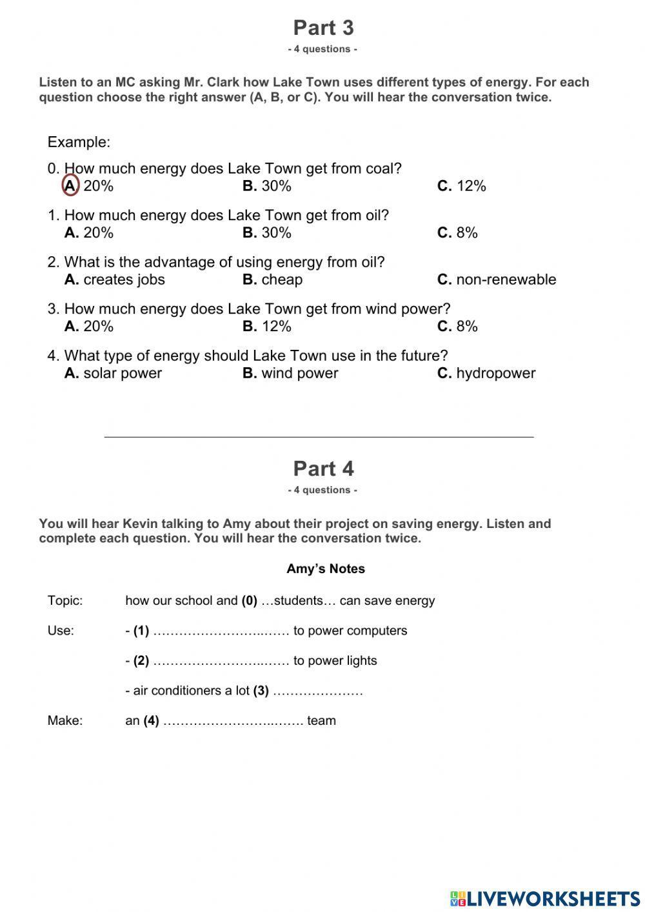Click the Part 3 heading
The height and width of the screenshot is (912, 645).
[x=323, y=28]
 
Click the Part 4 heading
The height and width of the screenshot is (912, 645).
[x=323, y=469]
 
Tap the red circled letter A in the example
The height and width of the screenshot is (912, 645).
[x=71, y=186]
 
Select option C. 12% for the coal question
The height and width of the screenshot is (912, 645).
[x=461, y=186]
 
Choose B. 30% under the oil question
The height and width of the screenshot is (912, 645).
[x=267, y=232]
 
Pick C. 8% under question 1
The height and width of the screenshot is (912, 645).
[x=457, y=232]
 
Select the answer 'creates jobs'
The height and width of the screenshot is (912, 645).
[x=115, y=279]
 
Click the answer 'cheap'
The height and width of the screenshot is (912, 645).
[x=273, y=279]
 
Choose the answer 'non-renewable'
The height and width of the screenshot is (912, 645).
[x=497, y=279]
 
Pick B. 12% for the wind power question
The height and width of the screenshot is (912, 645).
[x=267, y=326]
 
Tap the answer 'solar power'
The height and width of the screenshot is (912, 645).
[x=114, y=373]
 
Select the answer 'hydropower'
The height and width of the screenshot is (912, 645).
[x=486, y=373]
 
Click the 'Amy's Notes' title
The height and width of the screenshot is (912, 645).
[x=326, y=569]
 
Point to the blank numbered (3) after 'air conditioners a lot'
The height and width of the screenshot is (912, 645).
[x=318, y=691]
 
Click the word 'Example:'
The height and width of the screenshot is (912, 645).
[x=79, y=142]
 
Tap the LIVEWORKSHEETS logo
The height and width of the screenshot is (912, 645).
[x=545, y=898]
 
